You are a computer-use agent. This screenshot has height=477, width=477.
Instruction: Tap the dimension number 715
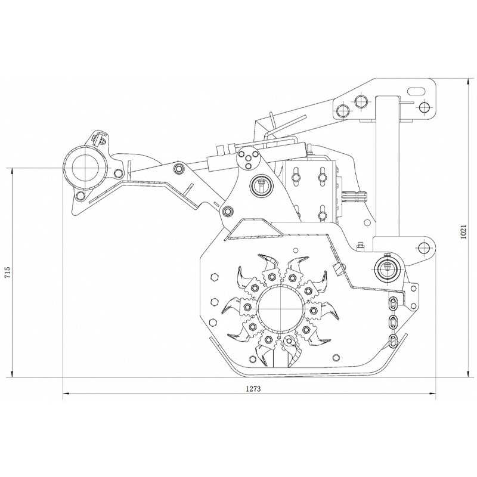(8, 272)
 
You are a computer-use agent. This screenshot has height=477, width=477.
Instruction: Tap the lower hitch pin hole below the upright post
(425, 246)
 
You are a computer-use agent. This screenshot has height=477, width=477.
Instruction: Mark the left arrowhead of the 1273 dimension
(66, 394)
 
